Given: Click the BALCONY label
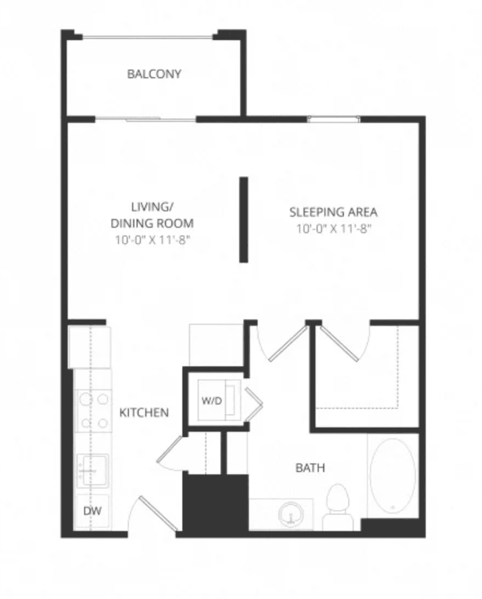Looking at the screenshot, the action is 154,74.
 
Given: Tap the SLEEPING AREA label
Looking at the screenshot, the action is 334,212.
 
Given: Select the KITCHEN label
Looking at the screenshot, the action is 144,412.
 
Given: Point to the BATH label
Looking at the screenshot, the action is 310,468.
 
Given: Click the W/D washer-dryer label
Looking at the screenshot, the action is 212,401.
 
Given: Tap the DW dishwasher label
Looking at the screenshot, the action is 92,511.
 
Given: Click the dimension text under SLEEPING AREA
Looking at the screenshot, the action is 334,229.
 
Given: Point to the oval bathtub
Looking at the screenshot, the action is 393,476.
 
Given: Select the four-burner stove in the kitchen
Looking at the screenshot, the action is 94,411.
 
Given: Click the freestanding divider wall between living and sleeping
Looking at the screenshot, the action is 244,219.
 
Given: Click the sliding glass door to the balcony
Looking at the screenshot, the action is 146,120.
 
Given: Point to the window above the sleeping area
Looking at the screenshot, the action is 334,120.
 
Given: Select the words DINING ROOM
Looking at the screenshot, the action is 152,223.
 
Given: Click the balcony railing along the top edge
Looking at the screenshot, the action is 147,37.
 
